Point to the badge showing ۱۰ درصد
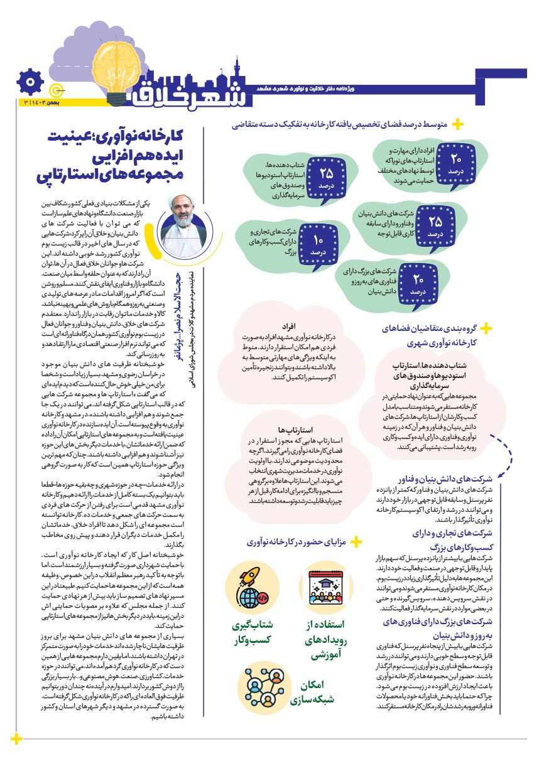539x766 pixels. [x=318, y=244]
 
